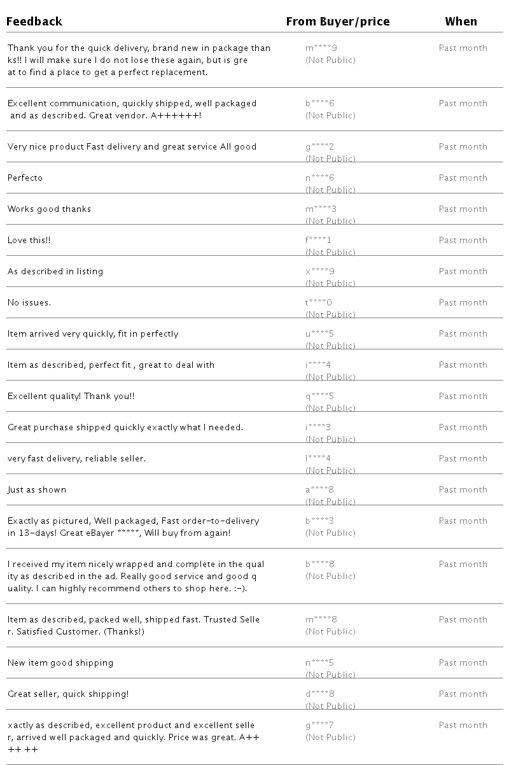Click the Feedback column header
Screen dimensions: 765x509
coord(34,22)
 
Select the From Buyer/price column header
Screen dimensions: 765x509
coord(337,22)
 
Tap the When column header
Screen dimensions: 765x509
coord(461,22)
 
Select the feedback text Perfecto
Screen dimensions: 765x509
coord(25,178)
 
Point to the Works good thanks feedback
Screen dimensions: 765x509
coord(49,209)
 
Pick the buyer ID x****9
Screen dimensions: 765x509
coord(319,272)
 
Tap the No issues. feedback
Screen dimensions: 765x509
coord(29,303)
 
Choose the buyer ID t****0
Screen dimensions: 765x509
coord(319,303)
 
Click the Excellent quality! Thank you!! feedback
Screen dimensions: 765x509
coord(71,397)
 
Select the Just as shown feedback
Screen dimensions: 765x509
coord(37,490)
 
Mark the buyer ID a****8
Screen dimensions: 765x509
coord(319,490)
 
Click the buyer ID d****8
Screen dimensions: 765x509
coord(319,694)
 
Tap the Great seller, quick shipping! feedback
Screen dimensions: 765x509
coord(68,694)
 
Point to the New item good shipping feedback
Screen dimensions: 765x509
coord(60,663)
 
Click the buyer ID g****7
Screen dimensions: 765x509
coord(319,726)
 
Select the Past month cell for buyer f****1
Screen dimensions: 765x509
coord(463,241)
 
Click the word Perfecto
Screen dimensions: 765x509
coord(25,178)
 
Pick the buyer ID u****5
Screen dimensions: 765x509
coord(319,334)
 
